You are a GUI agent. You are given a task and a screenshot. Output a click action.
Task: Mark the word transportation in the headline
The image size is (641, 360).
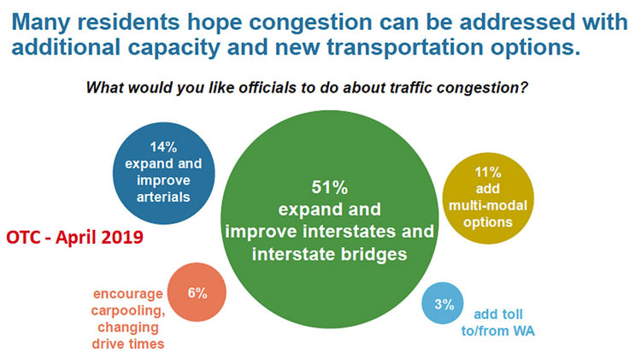click(406, 48)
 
